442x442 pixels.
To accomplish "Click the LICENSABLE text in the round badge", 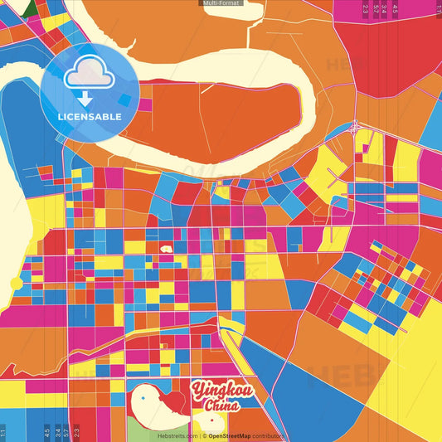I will tap(90, 116).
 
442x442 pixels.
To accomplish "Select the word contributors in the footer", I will tap(268, 435).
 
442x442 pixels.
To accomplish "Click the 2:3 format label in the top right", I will tap(366, 9).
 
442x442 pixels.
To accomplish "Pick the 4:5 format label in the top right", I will tap(396, 9).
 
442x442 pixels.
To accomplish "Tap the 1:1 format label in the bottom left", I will tap(3, 432).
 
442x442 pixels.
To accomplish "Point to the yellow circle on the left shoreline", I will tap(16, 284).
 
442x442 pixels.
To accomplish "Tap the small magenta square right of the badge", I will tap(146, 104).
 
